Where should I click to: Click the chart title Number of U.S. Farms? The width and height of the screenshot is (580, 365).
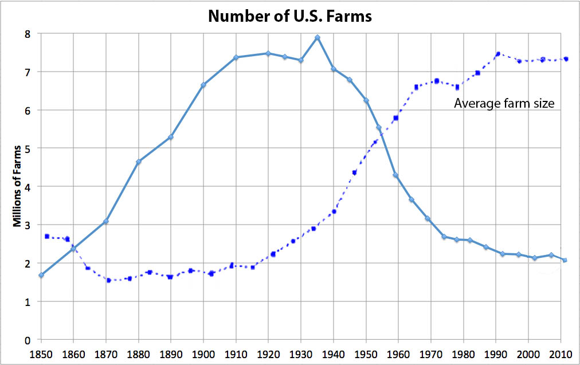pyautogui.click(x=290, y=15)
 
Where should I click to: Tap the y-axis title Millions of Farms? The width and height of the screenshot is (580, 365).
pyautogui.click(x=17, y=187)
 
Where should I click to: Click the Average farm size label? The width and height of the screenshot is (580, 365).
pyautogui.click(x=504, y=104)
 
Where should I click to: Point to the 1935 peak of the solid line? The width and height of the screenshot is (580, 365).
pyautogui.click(x=318, y=38)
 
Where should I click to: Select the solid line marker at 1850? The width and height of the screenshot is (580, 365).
pyautogui.click(x=41, y=275)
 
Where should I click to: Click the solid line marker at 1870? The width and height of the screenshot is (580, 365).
pyautogui.click(x=106, y=221)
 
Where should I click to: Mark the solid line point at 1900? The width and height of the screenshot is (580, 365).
pyautogui.click(x=203, y=85)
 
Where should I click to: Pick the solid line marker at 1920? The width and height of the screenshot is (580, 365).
pyautogui.click(x=268, y=53)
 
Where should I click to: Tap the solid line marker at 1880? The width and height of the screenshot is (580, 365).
pyautogui.click(x=139, y=162)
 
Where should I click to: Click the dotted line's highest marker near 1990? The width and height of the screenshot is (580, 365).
pyautogui.click(x=498, y=54)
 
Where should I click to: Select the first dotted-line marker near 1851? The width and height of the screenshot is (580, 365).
pyautogui.click(x=46, y=236)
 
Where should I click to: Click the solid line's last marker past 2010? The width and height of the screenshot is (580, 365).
pyautogui.click(x=565, y=260)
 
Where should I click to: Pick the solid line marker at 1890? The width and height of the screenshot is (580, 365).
pyautogui.click(x=171, y=137)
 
